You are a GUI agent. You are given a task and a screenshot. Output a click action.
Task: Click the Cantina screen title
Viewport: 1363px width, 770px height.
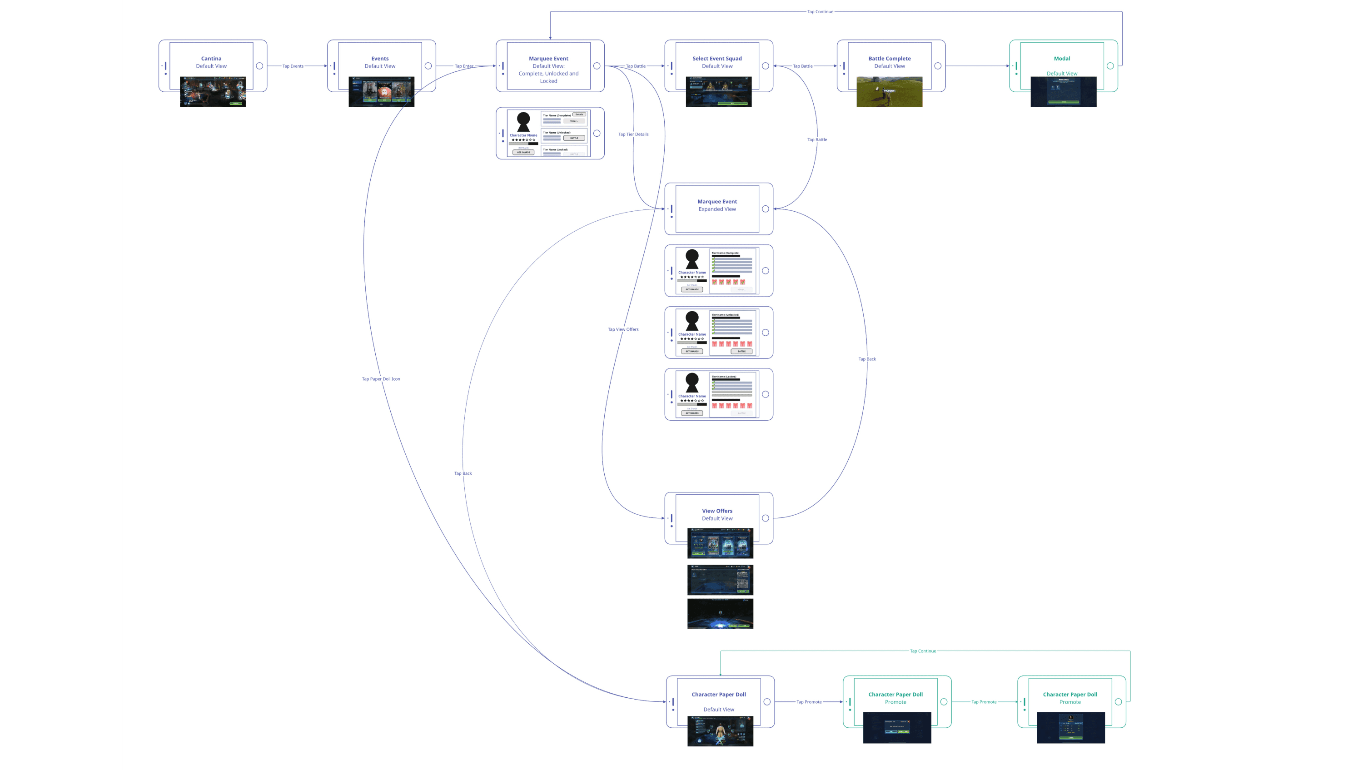click(x=211, y=59)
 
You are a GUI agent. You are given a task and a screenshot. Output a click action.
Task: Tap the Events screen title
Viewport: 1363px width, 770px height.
click(x=380, y=59)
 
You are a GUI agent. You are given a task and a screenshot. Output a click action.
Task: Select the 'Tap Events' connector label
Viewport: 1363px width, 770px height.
click(x=293, y=66)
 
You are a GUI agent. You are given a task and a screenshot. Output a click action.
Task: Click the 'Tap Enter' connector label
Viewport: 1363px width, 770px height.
click(x=464, y=66)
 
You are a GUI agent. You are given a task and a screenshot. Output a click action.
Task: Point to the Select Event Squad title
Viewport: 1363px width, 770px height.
click(x=717, y=59)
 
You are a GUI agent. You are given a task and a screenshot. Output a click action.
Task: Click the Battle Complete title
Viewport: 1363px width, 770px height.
click(x=890, y=59)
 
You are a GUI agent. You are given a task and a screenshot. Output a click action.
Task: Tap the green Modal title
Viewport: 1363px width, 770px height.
click(x=1062, y=59)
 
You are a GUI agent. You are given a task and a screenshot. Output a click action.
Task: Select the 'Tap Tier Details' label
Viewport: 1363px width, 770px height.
click(x=633, y=134)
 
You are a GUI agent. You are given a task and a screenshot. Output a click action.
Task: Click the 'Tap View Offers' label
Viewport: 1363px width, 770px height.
click(x=623, y=329)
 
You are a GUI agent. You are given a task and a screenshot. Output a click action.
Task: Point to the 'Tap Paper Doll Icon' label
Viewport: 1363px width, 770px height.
click(x=381, y=379)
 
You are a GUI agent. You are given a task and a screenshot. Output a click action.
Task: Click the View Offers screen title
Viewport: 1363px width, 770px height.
click(x=717, y=511)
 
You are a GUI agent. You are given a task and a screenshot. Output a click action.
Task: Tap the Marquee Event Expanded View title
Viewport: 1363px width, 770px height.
click(x=717, y=202)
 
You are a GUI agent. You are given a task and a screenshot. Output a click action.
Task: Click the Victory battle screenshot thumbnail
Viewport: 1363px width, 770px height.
click(x=890, y=92)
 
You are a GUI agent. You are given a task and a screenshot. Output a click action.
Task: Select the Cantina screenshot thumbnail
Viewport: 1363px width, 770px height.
click(x=213, y=92)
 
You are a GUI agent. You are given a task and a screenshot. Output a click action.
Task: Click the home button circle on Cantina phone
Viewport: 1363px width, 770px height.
click(x=259, y=66)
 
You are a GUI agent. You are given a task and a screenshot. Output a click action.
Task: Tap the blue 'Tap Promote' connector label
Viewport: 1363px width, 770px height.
click(x=809, y=702)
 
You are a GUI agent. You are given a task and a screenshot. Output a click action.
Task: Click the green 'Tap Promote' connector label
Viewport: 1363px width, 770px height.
click(x=984, y=702)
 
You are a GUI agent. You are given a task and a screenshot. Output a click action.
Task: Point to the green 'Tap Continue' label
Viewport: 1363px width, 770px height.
click(x=923, y=651)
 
